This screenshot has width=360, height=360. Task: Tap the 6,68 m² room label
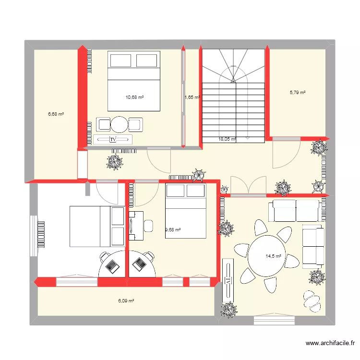tap(56, 114)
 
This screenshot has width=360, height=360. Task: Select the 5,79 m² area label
tap(297, 92)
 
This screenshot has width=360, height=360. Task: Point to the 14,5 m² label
tap(273, 256)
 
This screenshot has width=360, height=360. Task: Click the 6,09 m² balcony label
tap(126, 301)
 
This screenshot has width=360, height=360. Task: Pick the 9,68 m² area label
tap(173, 230)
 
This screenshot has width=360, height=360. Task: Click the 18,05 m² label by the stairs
tap(227, 139)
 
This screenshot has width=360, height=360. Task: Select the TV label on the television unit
tap(113, 140)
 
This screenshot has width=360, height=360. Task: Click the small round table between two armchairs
tap(119, 125)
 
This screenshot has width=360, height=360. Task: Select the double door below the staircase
tap(248, 186)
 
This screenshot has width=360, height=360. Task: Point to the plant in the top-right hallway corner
tap(319, 148)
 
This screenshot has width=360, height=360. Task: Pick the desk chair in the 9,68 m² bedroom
tap(148, 225)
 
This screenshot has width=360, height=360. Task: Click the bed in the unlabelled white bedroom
tap(97, 226)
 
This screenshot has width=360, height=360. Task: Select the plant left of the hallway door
tap(114, 162)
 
